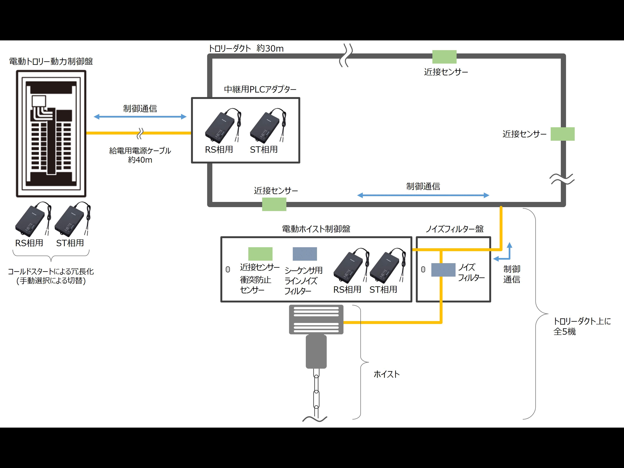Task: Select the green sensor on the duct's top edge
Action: [x=444, y=57]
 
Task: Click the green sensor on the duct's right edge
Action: [x=563, y=134]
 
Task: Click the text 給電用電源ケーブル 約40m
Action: [x=140, y=155]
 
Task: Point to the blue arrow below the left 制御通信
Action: [x=140, y=117]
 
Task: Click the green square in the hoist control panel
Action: [x=260, y=254]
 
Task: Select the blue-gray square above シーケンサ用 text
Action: [x=305, y=254]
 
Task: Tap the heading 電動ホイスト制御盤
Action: [x=316, y=229]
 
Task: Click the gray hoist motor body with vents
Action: [x=316, y=319]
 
